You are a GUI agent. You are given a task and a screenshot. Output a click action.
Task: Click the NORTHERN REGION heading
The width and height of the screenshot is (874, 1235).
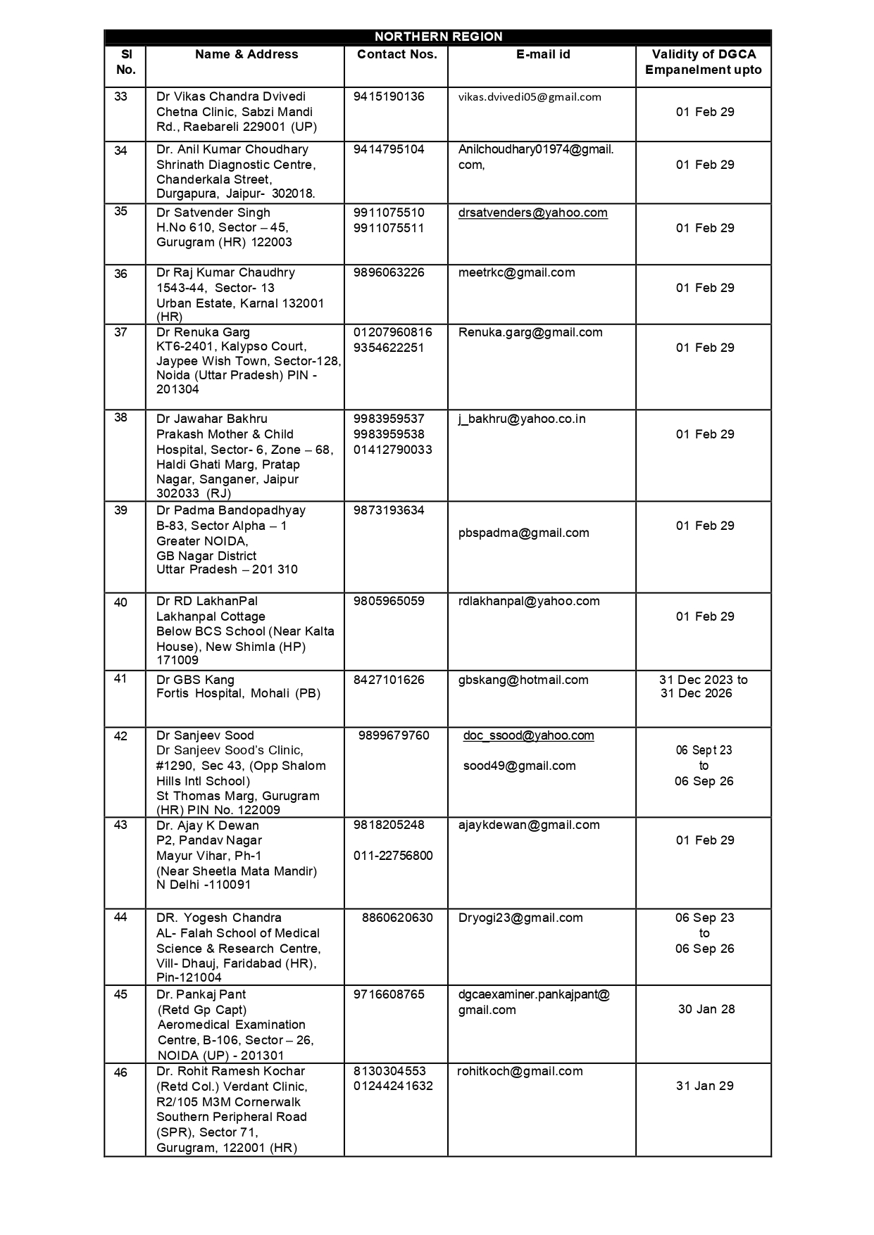(x=438, y=37)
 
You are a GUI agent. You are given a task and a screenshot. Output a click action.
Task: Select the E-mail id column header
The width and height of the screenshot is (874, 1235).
(x=542, y=54)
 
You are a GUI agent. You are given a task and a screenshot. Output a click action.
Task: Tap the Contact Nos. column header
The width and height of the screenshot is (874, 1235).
(x=397, y=54)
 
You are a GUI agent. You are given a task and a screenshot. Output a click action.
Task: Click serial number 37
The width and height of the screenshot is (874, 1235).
(x=120, y=332)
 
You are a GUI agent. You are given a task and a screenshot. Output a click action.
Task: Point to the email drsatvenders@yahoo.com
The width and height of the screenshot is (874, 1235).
(x=532, y=213)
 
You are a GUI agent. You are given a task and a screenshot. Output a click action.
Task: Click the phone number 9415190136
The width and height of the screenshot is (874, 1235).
(x=389, y=96)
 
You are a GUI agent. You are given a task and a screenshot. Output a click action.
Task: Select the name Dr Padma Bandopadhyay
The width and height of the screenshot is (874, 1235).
(x=230, y=510)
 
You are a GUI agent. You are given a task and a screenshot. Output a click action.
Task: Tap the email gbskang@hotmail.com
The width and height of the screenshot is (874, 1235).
(x=523, y=680)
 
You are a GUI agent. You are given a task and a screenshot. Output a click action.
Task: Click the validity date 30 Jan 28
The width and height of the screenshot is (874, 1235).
(x=706, y=1009)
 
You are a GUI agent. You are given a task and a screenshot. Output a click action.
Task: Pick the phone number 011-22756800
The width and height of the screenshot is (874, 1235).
(x=393, y=856)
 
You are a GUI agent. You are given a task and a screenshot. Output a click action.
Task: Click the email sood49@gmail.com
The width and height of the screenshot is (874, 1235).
(x=519, y=766)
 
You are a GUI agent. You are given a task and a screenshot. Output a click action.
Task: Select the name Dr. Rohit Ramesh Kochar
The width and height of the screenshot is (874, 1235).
(x=230, y=1071)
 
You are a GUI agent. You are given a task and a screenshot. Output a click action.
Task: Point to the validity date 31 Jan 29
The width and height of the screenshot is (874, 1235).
(x=705, y=1086)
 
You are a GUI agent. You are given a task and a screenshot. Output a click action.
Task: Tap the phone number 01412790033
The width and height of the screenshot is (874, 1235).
(x=393, y=450)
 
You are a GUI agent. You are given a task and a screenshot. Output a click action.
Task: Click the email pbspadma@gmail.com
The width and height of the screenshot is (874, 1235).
(x=523, y=533)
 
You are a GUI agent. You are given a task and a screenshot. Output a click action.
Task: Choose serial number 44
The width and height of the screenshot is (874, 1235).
(x=120, y=918)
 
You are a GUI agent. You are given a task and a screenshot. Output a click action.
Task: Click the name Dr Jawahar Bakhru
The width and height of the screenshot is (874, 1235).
(x=211, y=419)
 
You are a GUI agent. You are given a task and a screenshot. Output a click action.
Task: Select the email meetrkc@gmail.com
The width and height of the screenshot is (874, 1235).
(x=516, y=272)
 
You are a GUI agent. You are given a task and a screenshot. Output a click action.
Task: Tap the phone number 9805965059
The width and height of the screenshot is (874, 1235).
(x=389, y=601)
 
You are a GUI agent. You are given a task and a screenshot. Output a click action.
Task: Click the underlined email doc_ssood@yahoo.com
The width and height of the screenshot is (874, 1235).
(x=528, y=735)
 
